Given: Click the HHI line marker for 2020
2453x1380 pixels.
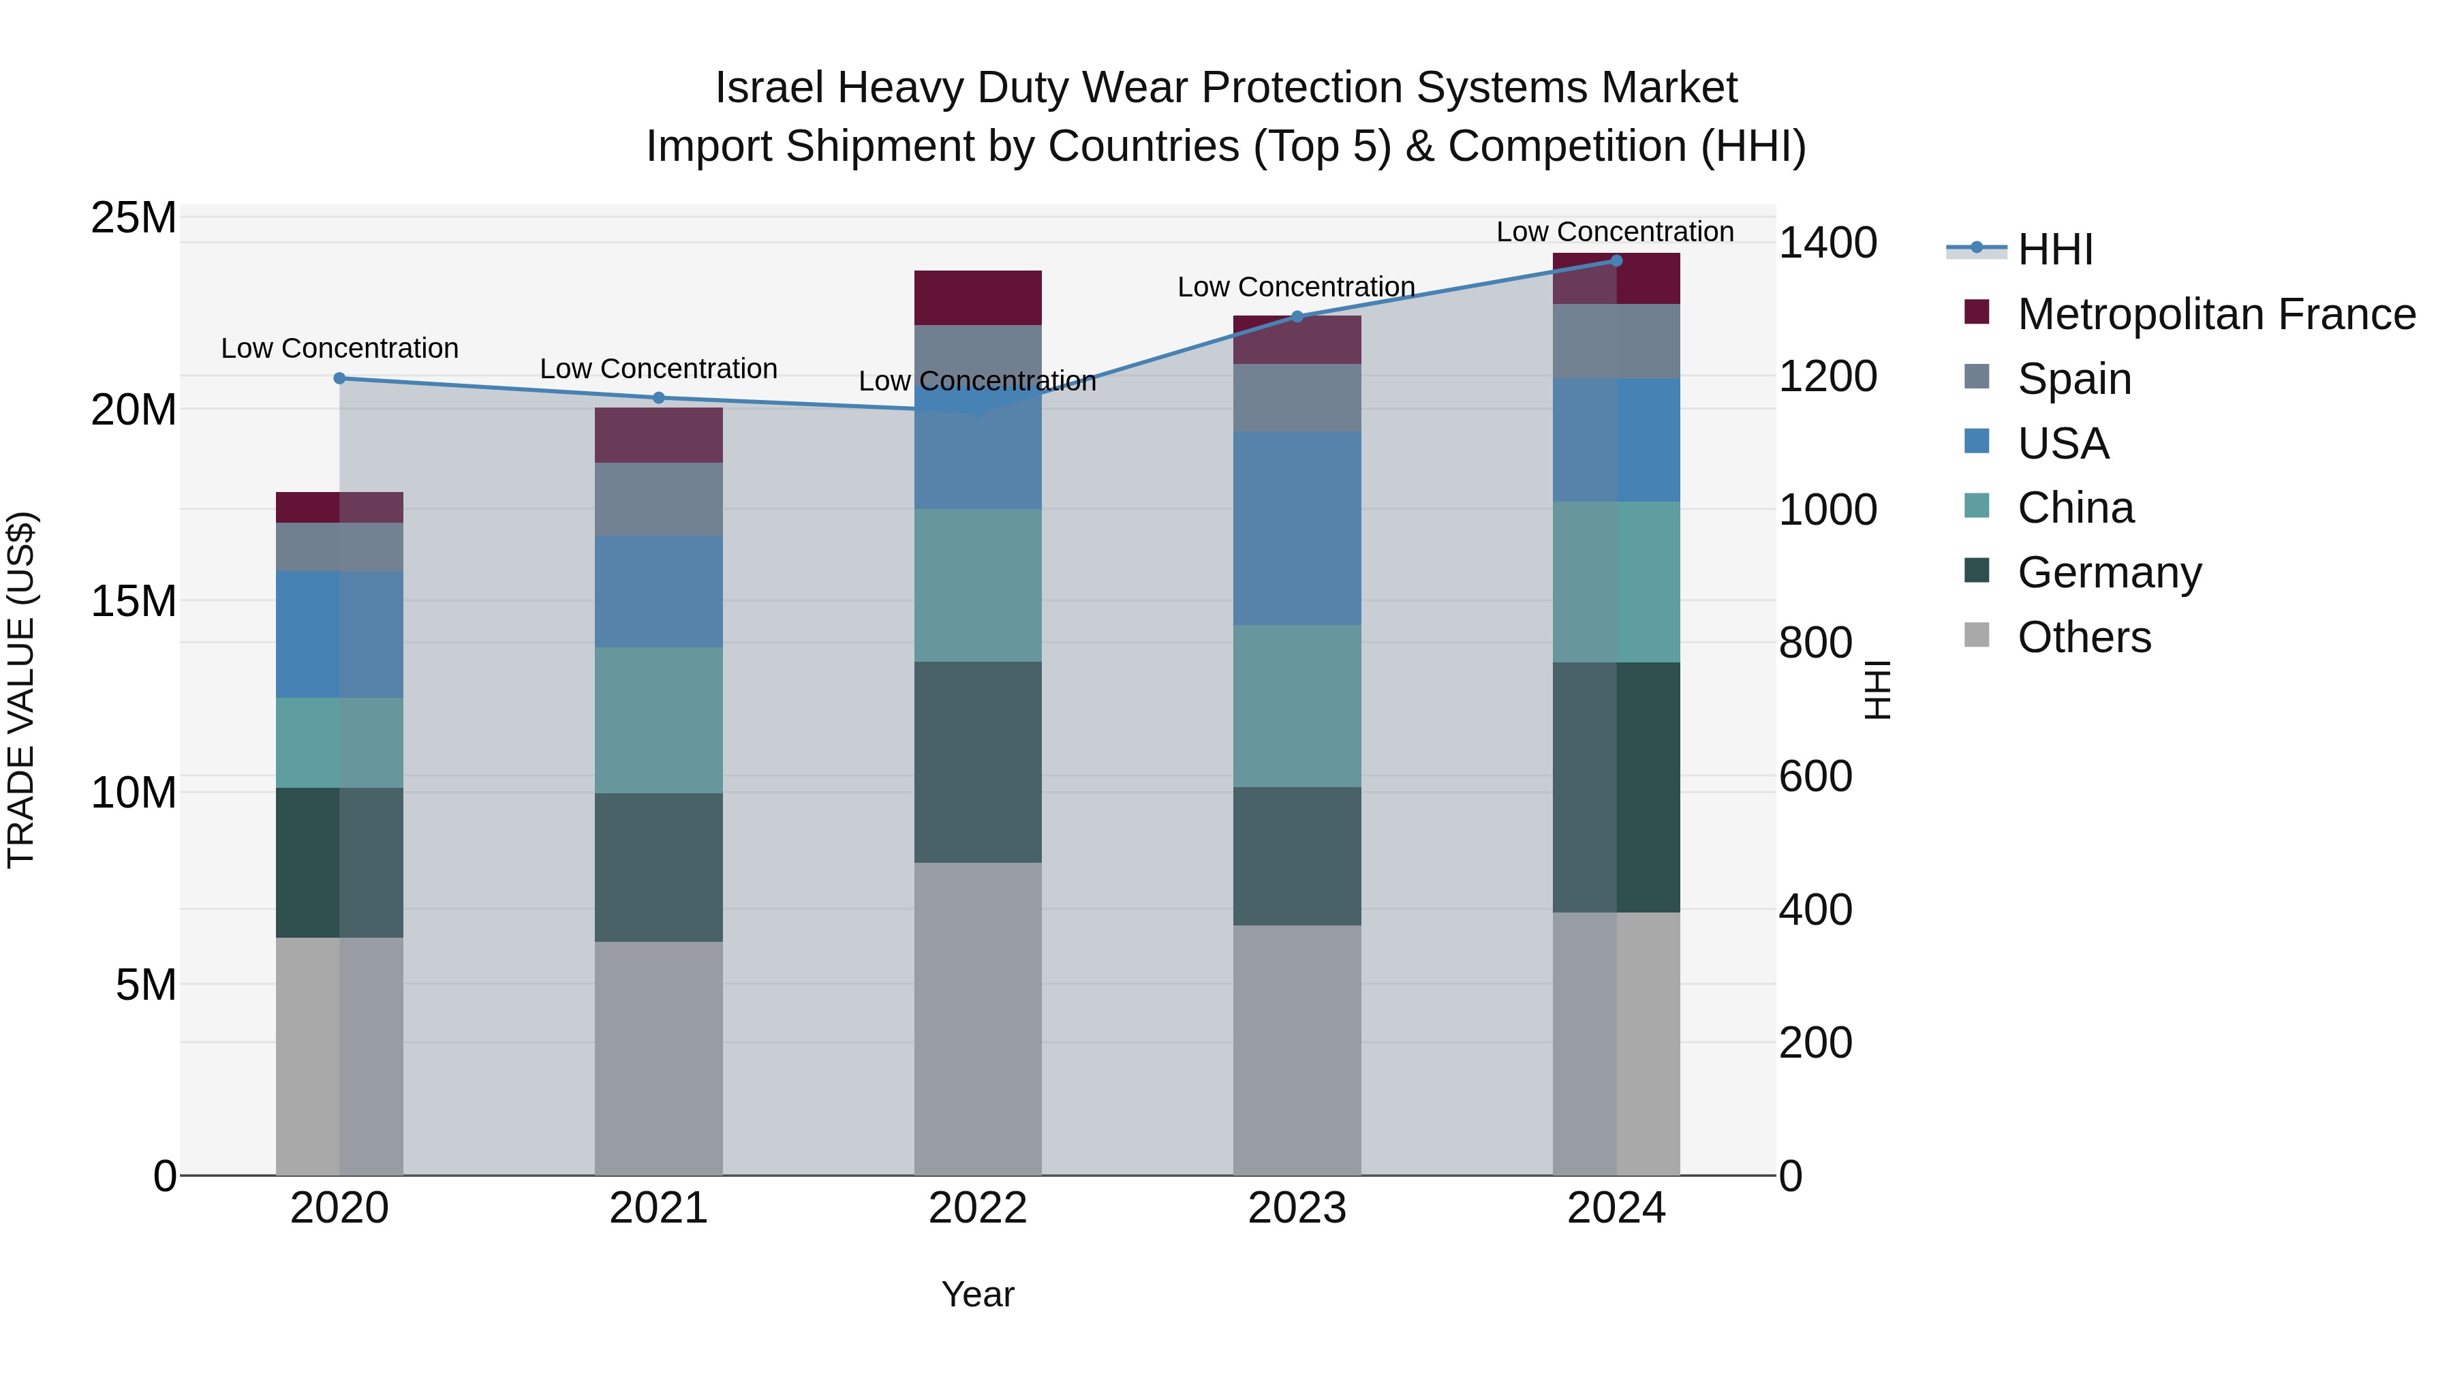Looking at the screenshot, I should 339,378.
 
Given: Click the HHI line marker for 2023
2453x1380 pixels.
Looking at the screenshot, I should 1297,316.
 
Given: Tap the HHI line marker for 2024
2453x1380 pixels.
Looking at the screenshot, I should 1616,260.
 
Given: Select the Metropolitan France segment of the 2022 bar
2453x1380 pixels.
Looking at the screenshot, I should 978,297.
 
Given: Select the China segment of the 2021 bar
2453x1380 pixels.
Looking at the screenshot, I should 659,720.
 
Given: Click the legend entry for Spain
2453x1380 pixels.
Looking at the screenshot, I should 2074,379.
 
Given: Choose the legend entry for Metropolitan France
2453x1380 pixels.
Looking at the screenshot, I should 2216,314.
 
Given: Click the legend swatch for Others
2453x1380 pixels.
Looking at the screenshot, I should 1977,635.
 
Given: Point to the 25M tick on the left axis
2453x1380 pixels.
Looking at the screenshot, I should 134,218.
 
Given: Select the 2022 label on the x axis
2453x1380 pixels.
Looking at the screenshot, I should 978,1208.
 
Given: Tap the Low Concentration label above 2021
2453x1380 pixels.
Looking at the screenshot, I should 658,369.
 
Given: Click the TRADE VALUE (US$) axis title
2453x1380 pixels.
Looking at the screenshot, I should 21,690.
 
